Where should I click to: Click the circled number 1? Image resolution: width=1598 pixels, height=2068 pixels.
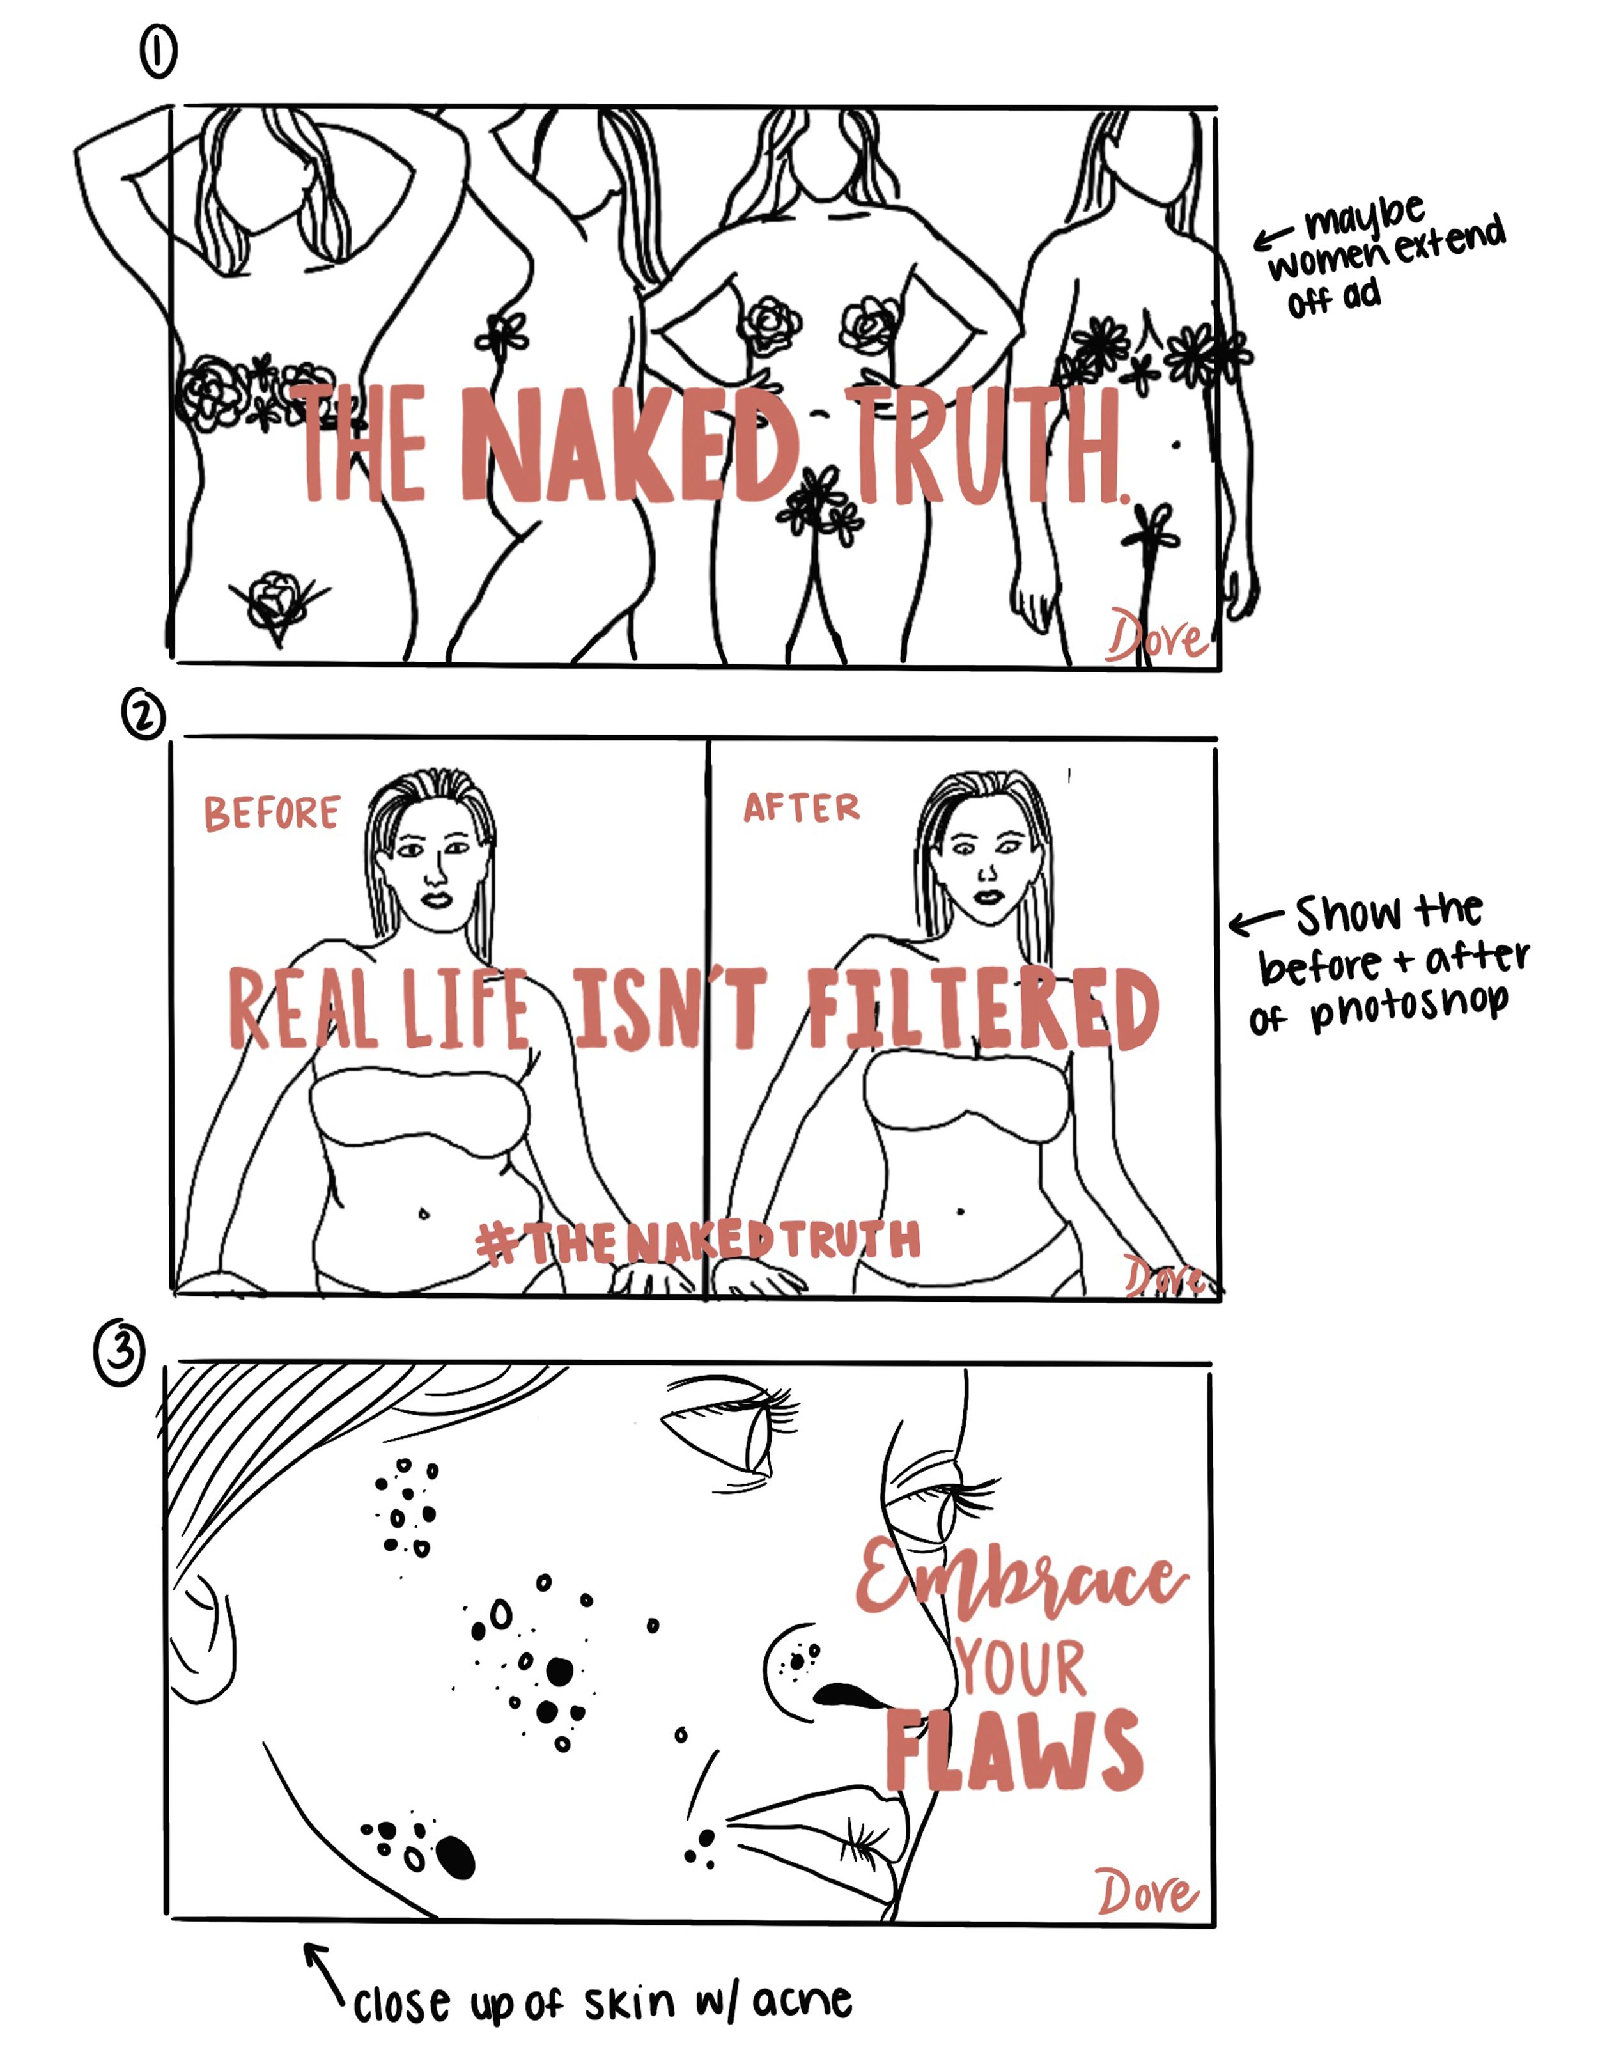click(158, 52)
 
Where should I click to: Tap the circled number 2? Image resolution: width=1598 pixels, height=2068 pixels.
click(143, 717)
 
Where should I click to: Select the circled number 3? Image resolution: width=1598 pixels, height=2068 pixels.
click(120, 1354)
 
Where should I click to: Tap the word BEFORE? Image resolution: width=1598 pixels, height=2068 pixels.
click(272, 813)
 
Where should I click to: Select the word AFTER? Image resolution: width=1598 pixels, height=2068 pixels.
click(801, 807)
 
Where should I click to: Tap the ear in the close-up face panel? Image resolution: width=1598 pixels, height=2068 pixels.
click(203, 1638)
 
